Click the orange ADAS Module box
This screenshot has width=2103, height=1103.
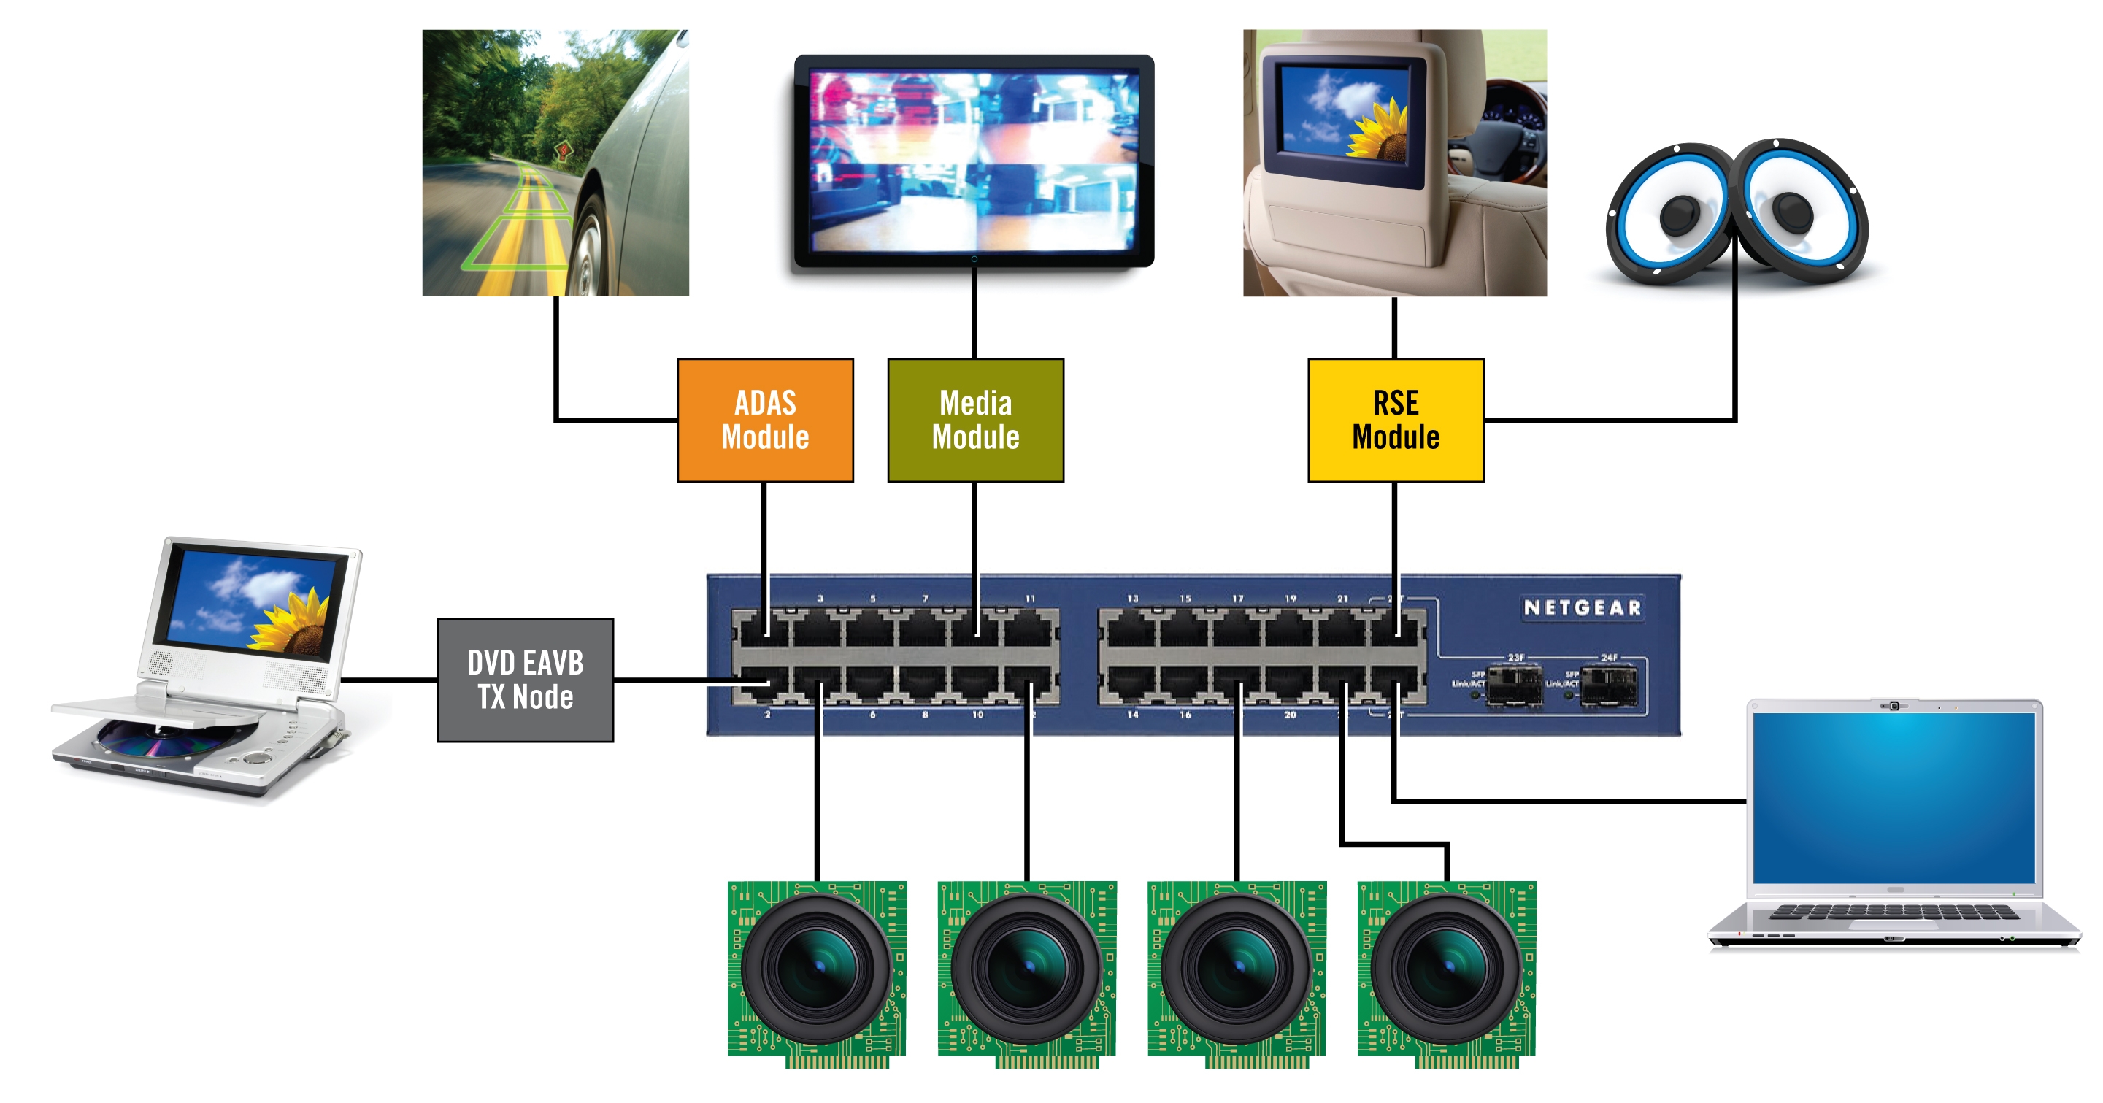pos(765,420)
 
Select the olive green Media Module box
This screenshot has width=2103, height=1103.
pos(975,420)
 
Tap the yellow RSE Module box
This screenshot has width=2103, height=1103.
pos(1395,420)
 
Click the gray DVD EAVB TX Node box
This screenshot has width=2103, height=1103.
pos(525,680)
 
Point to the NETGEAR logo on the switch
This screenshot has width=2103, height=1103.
pos(1582,607)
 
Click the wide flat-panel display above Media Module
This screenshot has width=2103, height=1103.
pos(974,161)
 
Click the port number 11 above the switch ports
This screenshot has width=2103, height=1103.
pos(1029,599)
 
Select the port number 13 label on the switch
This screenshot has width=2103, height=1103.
pos(1132,599)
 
